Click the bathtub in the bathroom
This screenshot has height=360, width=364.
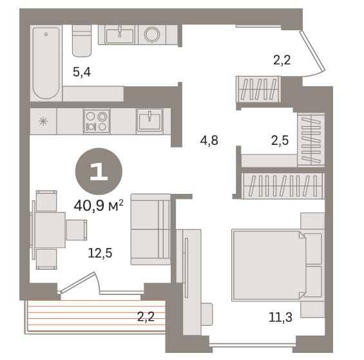pyautogui.click(x=46, y=63)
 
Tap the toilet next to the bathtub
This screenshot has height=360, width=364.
pyautogui.click(x=81, y=41)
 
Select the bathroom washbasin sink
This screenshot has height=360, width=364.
pyautogui.click(x=120, y=35)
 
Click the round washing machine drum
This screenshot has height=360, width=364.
pyautogui.click(x=152, y=35)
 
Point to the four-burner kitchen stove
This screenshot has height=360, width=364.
pyautogui.click(x=97, y=121)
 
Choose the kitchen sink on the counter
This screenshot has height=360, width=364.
pyautogui.click(x=149, y=121)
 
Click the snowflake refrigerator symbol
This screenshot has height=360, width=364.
pyautogui.click(x=43, y=121)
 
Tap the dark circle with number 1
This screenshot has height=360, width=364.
pyautogui.click(x=99, y=171)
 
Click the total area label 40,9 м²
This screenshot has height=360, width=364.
pyautogui.click(x=99, y=206)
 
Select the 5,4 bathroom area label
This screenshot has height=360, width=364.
pyautogui.click(x=82, y=72)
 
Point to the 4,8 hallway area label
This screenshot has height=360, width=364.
pyautogui.click(x=209, y=140)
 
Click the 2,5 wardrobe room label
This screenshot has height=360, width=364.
pyautogui.click(x=280, y=140)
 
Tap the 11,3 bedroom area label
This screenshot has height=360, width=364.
pyautogui.click(x=280, y=317)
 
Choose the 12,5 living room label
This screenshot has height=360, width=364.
pyautogui.click(x=100, y=253)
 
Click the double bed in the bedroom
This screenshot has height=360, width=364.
pyautogui.click(x=278, y=265)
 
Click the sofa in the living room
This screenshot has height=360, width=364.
pyautogui.click(x=151, y=229)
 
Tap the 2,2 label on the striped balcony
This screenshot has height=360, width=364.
pyautogui.click(x=146, y=317)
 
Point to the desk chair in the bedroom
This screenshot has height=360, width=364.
pyautogui.click(x=207, y=314)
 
